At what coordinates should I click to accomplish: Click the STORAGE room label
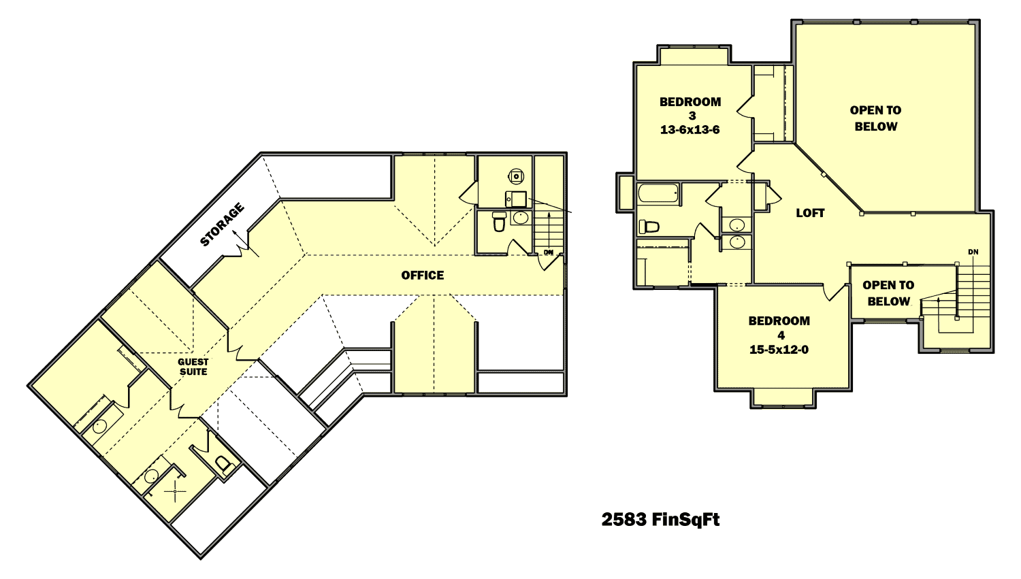tap(222, 225)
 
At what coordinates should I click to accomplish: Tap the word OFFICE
tap(423, 276)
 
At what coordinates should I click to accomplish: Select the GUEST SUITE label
tap(193, 367)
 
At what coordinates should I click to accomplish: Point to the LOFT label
tap(810, 213)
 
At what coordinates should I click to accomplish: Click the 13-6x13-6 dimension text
tap(690, 130)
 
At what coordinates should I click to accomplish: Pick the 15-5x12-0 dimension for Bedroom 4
tap(779, 350)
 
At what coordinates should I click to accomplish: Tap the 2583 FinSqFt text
tap(660, 520)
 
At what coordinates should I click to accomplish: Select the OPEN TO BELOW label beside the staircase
tap(888, 293)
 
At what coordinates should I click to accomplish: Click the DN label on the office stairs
tap(549, 252)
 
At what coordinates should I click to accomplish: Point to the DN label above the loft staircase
tap(973, 252)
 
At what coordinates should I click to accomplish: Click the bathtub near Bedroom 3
tap(658, 193)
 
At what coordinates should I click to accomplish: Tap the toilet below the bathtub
tap(649, 227)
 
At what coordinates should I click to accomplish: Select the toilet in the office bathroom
tap(499, 221)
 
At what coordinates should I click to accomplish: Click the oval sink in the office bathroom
tap(520, 218)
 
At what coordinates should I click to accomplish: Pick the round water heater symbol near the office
tap(517, 176)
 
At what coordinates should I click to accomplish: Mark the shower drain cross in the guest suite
tap(176, 491)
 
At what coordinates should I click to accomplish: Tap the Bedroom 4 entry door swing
tap(832, 293)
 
